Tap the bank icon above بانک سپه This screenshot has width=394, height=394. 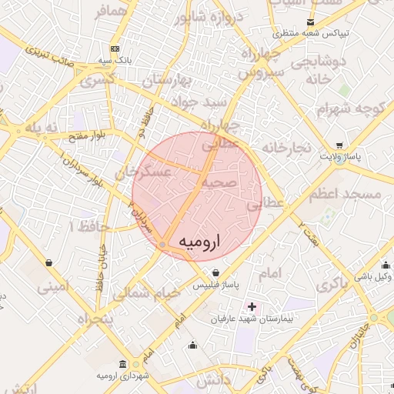[115, 48]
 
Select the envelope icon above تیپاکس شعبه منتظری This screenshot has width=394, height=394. [310, 23]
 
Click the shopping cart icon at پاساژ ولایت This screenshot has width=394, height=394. [340, 145]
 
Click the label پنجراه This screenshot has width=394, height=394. [94, 318]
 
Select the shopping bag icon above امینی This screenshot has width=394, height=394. [50, 263]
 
